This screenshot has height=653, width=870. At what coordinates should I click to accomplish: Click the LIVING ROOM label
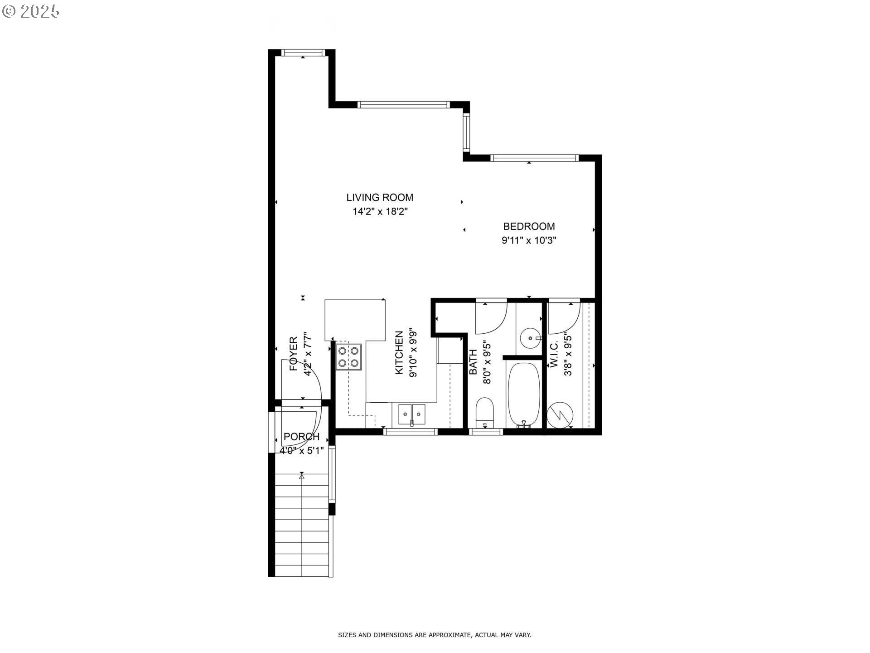380,197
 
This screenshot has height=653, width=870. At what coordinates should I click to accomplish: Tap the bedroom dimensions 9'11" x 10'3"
529,240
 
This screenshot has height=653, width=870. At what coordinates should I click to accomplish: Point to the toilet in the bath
485,412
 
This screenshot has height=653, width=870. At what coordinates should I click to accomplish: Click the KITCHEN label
399,352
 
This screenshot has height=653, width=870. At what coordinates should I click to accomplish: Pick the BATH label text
473,361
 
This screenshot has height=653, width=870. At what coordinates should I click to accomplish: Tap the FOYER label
294,354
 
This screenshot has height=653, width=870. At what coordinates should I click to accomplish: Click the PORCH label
301,437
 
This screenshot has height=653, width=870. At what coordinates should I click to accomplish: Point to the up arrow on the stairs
302,476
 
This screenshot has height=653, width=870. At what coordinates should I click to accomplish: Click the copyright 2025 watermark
31,11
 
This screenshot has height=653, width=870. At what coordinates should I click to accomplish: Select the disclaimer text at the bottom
435,635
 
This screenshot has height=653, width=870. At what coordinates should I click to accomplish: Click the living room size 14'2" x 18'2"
380,211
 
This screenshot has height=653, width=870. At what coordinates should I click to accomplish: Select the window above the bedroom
535,158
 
